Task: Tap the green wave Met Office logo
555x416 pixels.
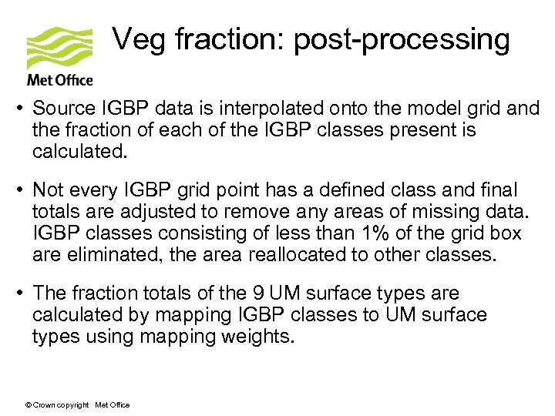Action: click(59, 49)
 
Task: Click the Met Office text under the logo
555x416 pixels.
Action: click(59, 80)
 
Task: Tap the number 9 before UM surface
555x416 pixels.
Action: click(260, 294)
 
